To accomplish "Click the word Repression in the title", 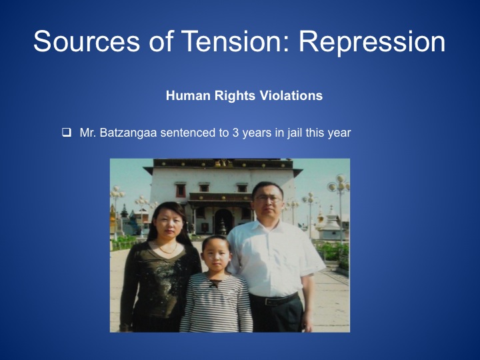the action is coord(371,41).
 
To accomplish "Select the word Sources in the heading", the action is coord(87,41).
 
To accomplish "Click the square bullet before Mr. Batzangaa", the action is coord(67,133).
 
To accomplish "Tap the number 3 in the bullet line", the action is coord(235,133).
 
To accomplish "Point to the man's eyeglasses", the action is coord(268,199).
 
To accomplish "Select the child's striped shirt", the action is coord(217,303).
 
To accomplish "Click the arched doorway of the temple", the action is coord(223,221).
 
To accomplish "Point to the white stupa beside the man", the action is coord(331,225).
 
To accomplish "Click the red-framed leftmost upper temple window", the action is coord(180,191).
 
